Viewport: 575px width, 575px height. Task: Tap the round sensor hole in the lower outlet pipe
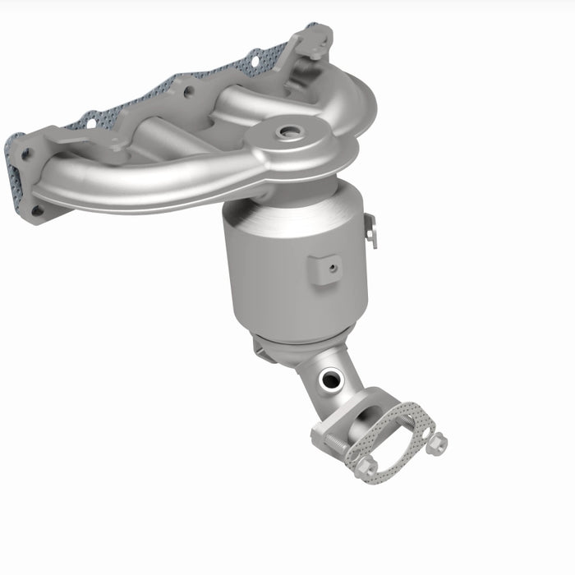[331, 379]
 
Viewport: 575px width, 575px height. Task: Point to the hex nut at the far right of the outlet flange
[439, 443]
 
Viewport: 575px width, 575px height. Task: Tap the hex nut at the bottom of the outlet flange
[367, 468]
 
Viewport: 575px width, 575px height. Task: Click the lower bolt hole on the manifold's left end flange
[36, 210]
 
